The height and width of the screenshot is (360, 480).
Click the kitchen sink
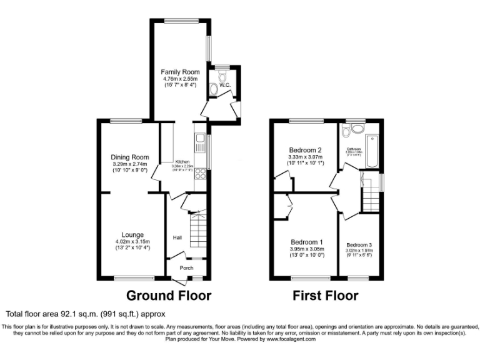(200, 144)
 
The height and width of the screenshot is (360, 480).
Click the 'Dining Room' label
(130, 157)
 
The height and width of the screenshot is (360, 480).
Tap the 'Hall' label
(177, 237)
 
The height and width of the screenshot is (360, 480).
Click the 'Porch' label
(186, 268)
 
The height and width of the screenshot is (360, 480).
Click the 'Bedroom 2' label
(305, 150)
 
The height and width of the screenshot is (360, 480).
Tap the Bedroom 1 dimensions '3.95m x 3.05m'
(305, 249)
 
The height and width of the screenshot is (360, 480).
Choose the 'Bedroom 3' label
(359, 244)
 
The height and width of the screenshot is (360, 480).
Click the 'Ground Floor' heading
(169, 296)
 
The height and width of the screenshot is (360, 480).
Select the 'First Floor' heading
(326, 296)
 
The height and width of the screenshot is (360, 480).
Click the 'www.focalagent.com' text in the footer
(291, 339)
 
